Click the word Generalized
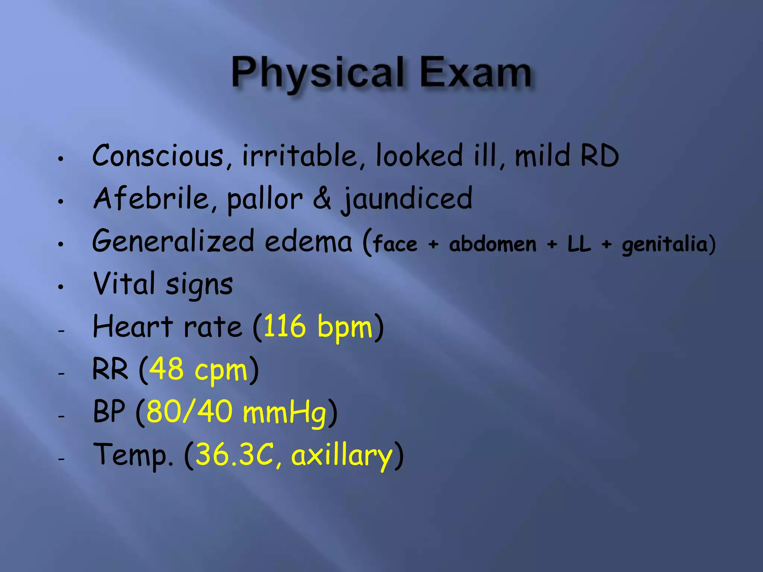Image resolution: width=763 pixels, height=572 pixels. point(173,241)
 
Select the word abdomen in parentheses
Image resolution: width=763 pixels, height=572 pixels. point(493,244)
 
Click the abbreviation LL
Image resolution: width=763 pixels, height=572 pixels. point(579,244)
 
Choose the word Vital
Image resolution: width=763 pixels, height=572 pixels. point(124,284)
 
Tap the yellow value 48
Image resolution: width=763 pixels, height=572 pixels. point(166,369)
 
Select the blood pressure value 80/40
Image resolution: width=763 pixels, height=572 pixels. point(189,411)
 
